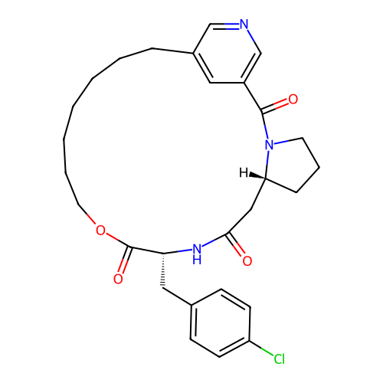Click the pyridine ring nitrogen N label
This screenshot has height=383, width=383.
(244, 25)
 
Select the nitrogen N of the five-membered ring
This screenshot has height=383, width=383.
(270, 145)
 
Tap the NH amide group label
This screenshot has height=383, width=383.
(197, 254)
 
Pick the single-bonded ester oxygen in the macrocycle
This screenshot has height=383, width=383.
(100, 231)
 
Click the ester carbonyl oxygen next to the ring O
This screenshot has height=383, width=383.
(118, 279)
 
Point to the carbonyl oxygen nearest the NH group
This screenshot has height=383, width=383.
(247, 261)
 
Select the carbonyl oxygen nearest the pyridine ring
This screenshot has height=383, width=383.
(293, 99)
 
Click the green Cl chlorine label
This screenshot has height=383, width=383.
(279, 358)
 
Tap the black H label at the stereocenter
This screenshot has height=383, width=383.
(244, 173)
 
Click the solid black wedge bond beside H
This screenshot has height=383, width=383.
(257, 176)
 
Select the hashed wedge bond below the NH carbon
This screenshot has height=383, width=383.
(162, 270)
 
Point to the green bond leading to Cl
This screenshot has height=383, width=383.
(261, 348)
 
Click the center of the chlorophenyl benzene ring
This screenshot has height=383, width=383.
(220, 322)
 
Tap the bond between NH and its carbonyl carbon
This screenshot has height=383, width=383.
(214, 241)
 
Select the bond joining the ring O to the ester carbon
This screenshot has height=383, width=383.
(118, 241)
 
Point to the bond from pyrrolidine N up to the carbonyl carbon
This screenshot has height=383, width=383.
(264, 125)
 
